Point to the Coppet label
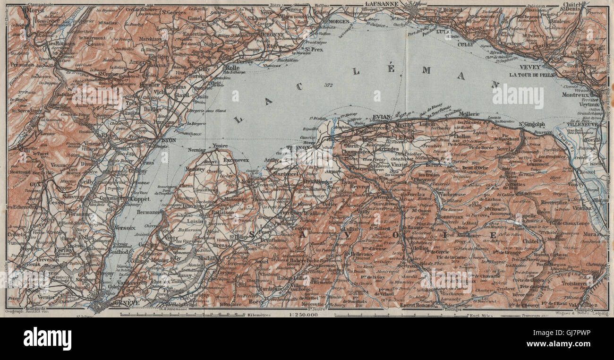point(140,199)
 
